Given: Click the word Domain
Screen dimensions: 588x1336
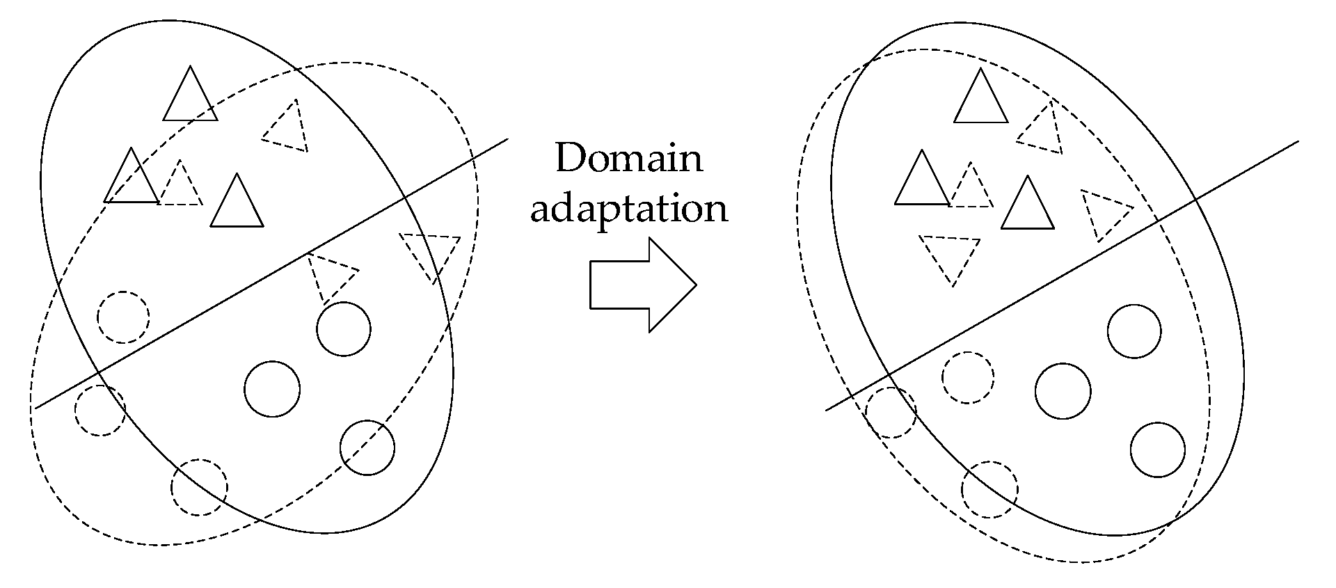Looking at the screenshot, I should pos(629,159).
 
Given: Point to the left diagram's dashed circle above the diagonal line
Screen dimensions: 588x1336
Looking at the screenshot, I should pos(123,317).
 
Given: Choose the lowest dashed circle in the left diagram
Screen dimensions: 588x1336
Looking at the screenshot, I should pos(200,487).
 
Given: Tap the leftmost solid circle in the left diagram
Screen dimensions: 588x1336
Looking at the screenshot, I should pos(272,389).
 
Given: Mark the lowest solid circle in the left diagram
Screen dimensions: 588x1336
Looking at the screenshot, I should pos(367,448).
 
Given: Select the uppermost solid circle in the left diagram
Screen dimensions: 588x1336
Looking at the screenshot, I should pos(343,329).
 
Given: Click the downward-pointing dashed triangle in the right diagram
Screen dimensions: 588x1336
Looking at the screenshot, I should pos(951,255).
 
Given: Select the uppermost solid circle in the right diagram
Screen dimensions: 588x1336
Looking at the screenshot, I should pos(1134,331).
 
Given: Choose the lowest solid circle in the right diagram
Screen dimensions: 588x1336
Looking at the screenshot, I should pos(1157,450).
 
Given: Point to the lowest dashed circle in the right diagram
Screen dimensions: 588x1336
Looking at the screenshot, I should pos(989,489).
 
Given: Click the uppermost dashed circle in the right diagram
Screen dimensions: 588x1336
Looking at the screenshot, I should pos(968,377).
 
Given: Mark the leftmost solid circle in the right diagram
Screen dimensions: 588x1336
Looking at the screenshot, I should pos(1063,390).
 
